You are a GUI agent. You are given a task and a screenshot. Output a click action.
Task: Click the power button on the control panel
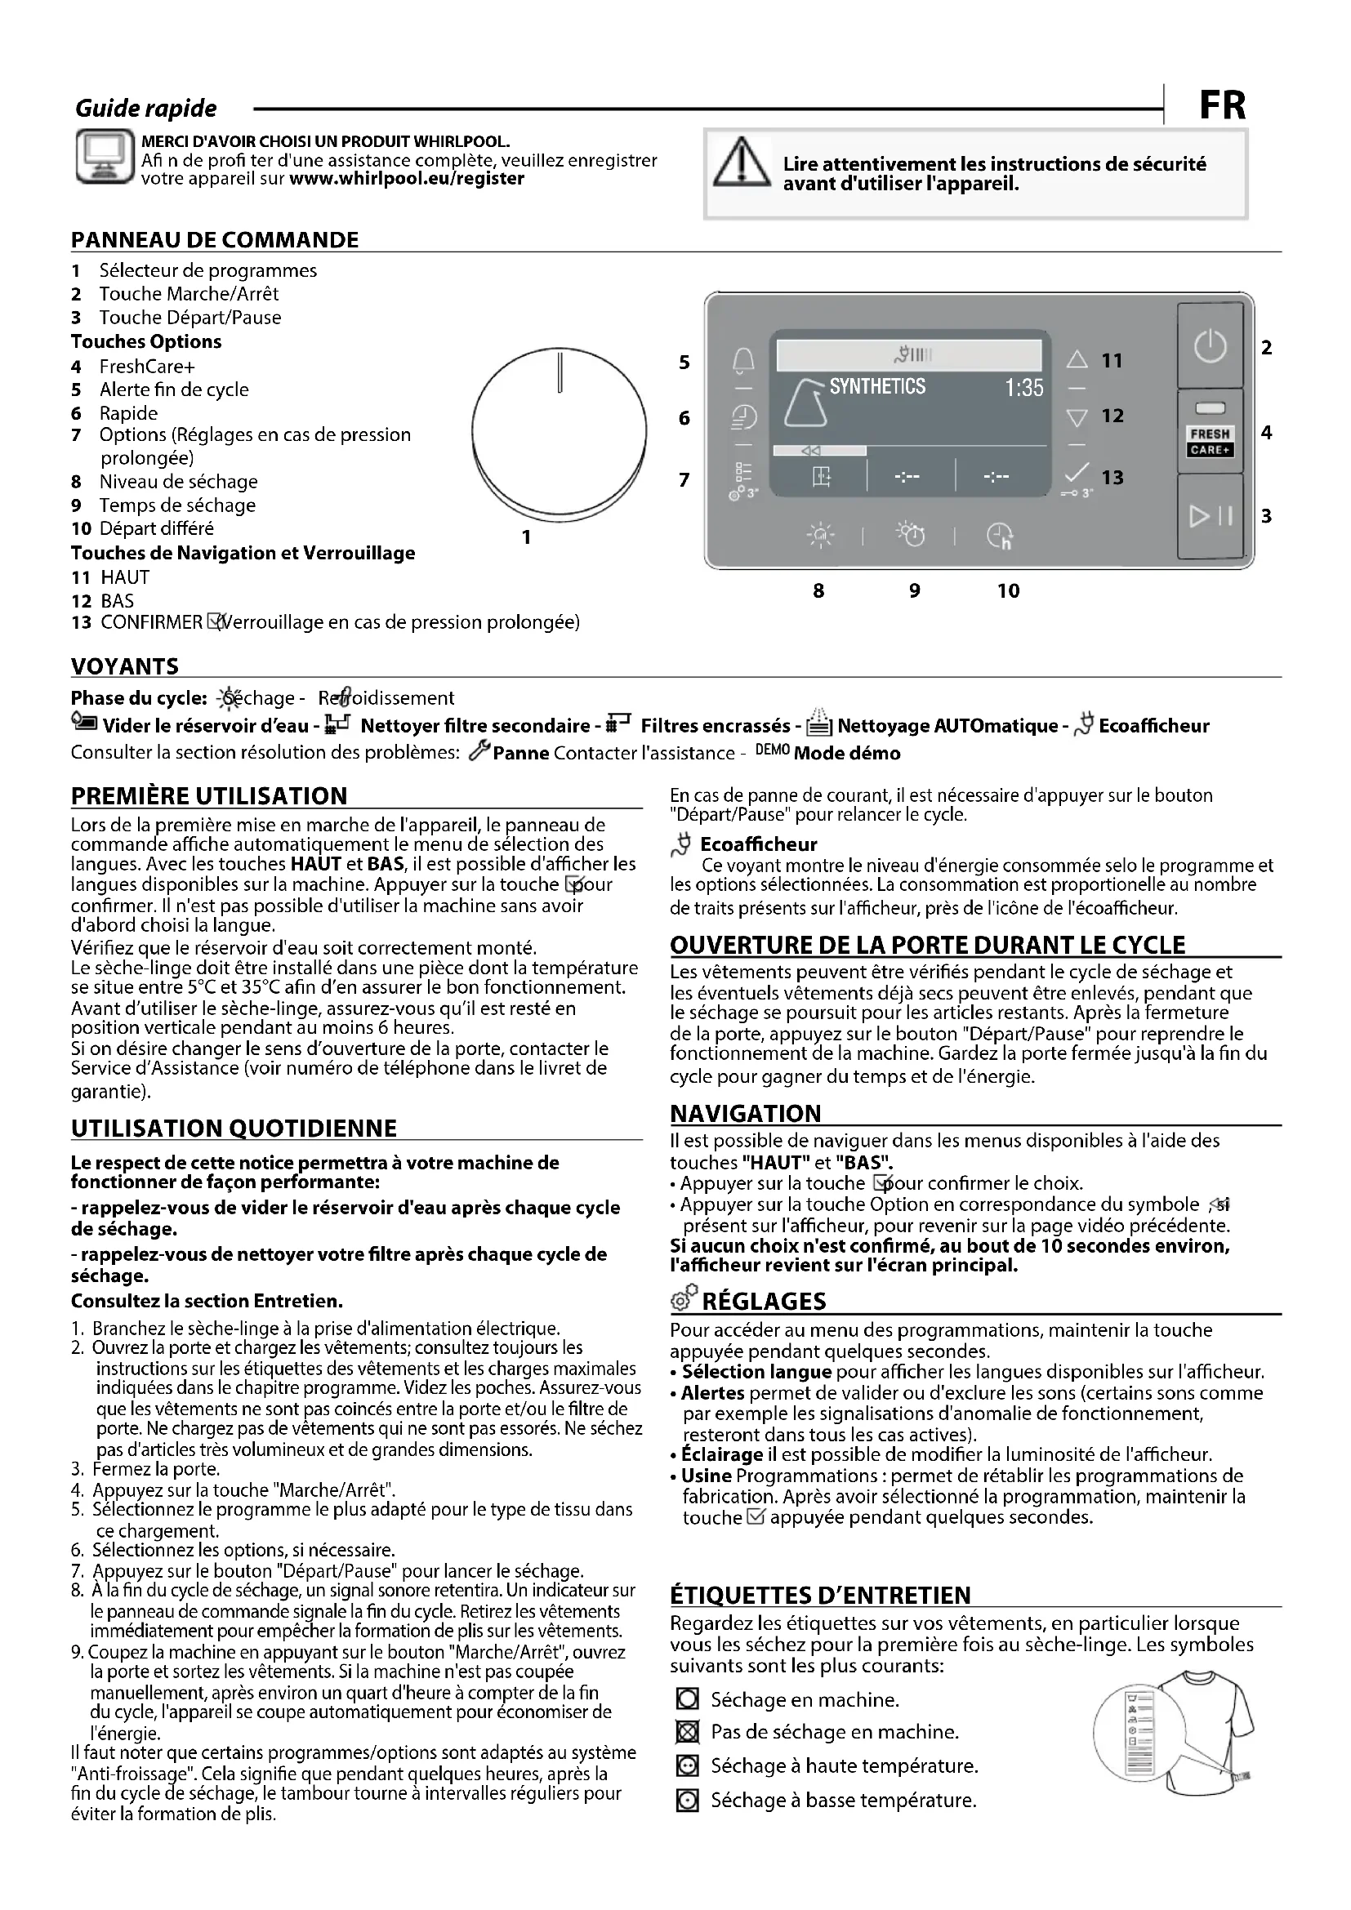pyautogui.click(x=1210, y=345)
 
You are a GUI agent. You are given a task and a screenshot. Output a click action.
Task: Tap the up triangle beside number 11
pyautogui.click(x=1077, y=359)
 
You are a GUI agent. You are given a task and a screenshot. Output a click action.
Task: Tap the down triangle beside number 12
pyautogui.click(x=1077, y=416)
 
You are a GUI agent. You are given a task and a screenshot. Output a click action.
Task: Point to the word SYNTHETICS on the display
pyautogui.click(x=876, y=386)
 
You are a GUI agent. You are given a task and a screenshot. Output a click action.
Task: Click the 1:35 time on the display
pyautogui.click(x=1023, y=388)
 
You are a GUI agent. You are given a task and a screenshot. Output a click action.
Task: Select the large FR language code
pyautogui.click(x=1222, y=106)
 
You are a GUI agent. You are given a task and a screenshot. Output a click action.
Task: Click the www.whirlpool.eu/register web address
pyautogui.click(x=406, y=179)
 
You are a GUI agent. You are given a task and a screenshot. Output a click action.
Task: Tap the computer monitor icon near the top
pyautogui.click(x=105, y=157)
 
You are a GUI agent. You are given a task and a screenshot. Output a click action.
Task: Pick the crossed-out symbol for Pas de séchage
pyautogui.click(x=687, y=1733)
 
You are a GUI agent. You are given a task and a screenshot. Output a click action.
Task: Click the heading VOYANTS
pyautogui.click(x=125, y=666)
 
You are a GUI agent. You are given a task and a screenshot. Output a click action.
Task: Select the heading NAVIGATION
pyautogui.click(x=746, y=1114)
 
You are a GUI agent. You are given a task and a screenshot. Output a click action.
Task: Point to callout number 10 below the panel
pyautogui.click(x=1008, y=590)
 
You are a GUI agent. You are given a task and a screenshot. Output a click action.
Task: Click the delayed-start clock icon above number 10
pyautogui.click(x=999, y=536)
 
